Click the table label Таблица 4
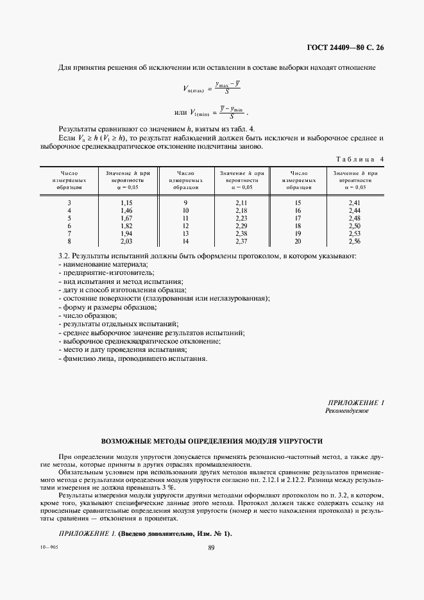(x=360, y=158)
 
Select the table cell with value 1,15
(x=126, y=203)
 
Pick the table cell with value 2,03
(x=126, y=241)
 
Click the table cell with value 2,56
(x=355, y=241)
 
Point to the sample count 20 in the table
(x=298, y=241)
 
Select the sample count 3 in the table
(x=69, y=203)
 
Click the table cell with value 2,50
(x=355, y=226)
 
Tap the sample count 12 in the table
(x=186, y=226)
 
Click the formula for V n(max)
(x=201, y=88)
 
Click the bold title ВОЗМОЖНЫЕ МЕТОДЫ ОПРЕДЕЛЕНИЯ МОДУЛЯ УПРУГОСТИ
(x=212, y=442)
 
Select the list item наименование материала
(x=103, y=264)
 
